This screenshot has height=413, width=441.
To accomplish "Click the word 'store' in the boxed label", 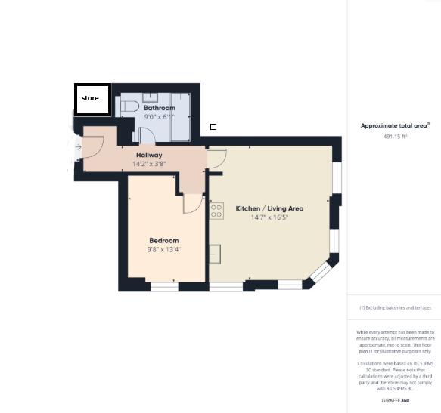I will [x=90, y=98].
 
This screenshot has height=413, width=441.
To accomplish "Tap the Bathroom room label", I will [x=159, y=108].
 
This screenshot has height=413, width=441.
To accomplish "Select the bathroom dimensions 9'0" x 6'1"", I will [x=159, y=117].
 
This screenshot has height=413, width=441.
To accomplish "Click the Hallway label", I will [x=148, y=155].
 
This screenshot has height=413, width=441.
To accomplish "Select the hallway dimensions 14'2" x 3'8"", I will [x=148, y=164].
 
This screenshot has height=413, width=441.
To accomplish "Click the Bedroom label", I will [x=163, y=241].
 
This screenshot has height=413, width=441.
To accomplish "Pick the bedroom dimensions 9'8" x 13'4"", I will [x=163, y=250].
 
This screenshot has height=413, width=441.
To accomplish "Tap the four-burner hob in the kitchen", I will [x=216, y=211].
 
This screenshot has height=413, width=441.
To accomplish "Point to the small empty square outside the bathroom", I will [x=213, y=127].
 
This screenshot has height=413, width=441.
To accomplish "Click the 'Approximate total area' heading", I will [x=394, y=126].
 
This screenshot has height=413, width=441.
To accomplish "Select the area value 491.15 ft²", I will [x=394, y=137].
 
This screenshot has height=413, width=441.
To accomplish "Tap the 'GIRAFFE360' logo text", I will [x=394, y=399].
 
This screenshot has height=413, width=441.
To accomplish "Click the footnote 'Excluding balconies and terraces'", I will [x=394, y=308].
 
